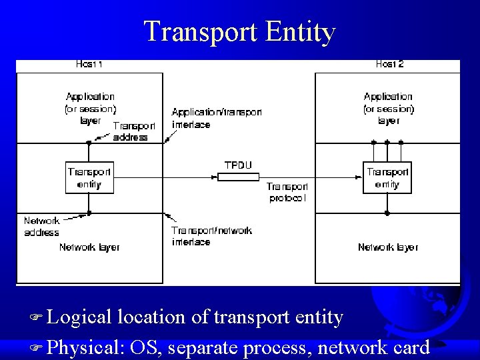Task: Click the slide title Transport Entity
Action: coord(240,31)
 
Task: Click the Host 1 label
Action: coord(89,65)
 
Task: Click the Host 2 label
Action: coord(389,65)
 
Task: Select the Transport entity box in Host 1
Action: coord(89,177)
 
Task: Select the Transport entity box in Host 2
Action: coord(387,177)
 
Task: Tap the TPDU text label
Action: coord(238,165)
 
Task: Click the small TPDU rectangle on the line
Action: coord(238,177)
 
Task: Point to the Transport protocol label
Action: coord(287,192)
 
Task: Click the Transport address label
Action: coord(134,131)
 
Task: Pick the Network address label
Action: coord(41,227)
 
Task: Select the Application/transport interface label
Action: coord(216,118)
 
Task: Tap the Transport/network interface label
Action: coord(211,236)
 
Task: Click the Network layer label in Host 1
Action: coord(89,247)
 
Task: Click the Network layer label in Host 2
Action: coord(388,247)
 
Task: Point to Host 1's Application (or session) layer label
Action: coord(90,108)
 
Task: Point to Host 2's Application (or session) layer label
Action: coord(388,108)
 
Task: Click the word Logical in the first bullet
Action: coord(79,318)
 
